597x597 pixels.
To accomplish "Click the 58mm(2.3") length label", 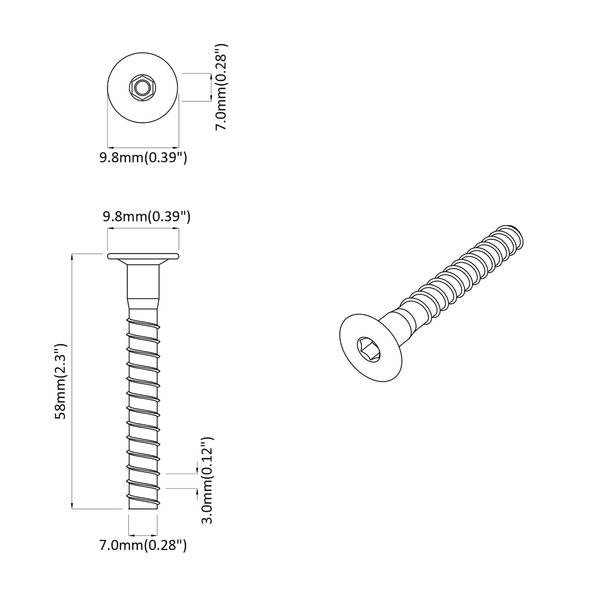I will click(61, 381).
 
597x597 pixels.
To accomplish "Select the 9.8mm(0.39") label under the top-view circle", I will click(143, 158).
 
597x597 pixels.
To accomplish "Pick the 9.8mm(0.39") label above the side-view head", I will click(147, 216).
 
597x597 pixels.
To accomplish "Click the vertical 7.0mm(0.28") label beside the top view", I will click(222, 87).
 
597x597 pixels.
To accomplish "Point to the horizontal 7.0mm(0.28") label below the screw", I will click(143, 545).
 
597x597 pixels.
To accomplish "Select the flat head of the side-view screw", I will click(143, 257).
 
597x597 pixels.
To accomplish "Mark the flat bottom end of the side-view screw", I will click(143, 509).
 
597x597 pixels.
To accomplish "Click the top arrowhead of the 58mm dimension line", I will click(72, 257).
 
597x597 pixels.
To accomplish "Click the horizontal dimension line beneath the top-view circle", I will click(143, 147).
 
